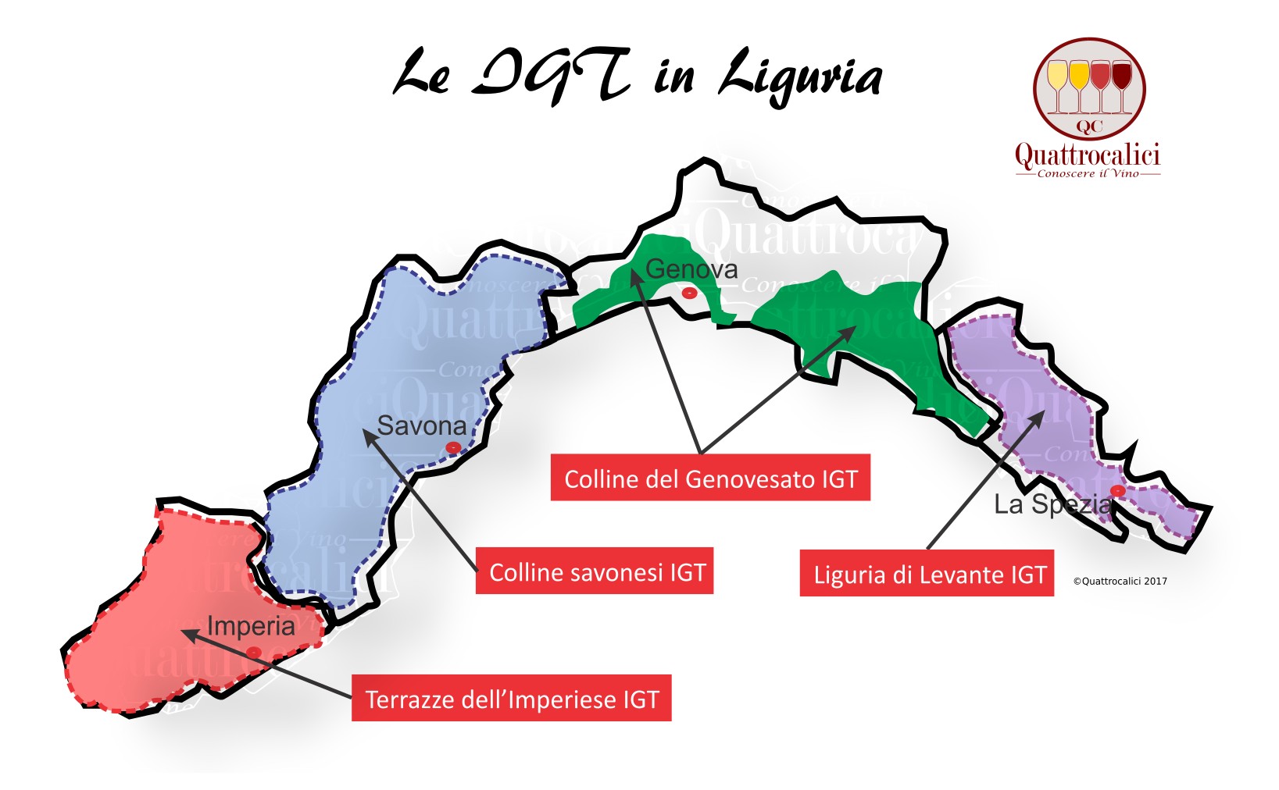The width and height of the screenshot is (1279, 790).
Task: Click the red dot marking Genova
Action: [689, 293]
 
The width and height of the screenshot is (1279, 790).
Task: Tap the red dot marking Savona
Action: [452, 447]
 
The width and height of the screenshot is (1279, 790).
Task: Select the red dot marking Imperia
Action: [253, 652]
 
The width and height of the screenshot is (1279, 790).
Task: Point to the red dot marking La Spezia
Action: [1118, 490]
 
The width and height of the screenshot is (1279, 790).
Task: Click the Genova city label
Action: [691, 269]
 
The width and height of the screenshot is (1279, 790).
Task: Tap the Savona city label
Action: [421, 426]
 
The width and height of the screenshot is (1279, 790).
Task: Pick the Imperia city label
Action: [251, 626]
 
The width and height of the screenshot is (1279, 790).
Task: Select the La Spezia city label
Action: [1052, 505]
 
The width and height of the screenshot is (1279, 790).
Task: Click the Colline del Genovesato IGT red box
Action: [710, 478]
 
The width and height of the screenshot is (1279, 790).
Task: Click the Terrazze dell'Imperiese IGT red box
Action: [512, 699]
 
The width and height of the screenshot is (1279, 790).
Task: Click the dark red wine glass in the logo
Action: [1122, 78]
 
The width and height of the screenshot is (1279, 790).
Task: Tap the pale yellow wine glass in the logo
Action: [1057, 78]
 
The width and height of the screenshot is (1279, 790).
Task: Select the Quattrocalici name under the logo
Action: [1087, 155]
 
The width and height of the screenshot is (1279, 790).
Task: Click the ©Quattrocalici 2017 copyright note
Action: [1120, 581]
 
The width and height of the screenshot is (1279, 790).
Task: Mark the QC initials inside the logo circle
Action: [1089, 126]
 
